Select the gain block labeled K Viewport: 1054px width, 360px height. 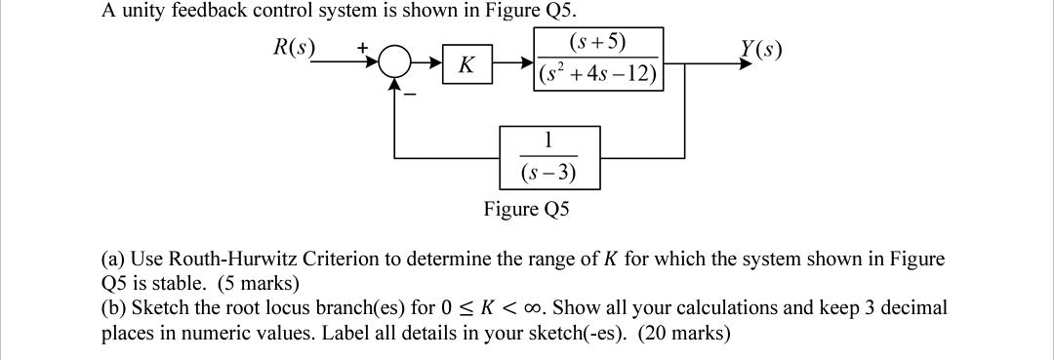[466, 66]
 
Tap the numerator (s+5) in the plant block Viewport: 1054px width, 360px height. [596, 44]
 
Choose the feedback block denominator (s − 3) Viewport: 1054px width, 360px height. [547, 174]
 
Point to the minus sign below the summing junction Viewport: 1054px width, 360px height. [411, 95]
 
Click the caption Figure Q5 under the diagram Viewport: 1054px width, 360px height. [527, 209]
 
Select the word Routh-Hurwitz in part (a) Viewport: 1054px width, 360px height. [226, 260]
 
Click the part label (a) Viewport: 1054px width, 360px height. [113, 260]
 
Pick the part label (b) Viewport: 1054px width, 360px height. [114, 308]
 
